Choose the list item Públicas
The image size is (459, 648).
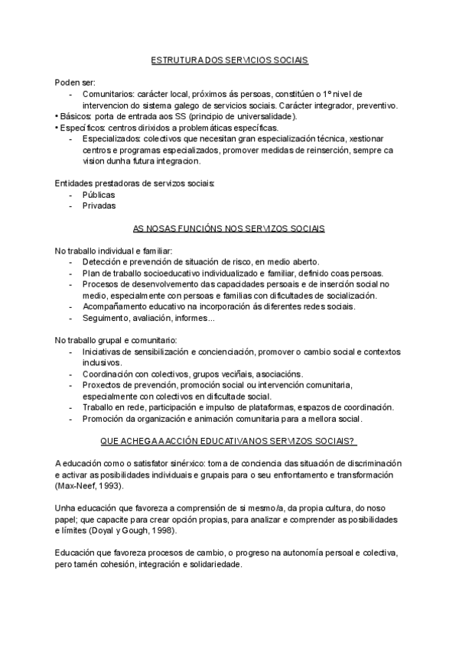(x=99, y=195)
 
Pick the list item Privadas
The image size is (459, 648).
(x=99, y=206)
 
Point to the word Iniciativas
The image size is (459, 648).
(x=104, y=352)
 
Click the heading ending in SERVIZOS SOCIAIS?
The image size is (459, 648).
(x=229, y=441)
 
